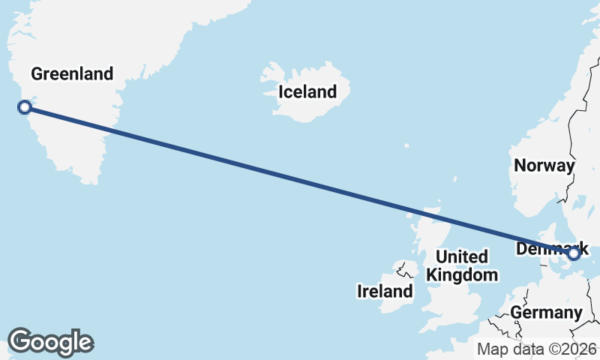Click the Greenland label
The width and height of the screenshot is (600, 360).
coord(72,73)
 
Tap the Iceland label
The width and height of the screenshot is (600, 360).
coord(307,92)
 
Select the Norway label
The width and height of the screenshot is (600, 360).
coord(544,166)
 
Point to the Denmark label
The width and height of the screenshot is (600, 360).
coord(552,248)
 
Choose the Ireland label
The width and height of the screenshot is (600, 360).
coord(385,291)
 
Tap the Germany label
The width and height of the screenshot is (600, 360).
coord(546,312)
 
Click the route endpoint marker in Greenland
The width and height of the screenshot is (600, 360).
coord(24,107)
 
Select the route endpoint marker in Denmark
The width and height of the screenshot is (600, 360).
coord(574,254)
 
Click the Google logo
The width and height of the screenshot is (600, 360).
coord(50,342)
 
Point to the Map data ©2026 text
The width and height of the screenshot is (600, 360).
coord(537,349)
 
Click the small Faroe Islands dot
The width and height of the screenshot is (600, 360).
coord(406,145)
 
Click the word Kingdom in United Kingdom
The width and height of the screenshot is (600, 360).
coord(462,275)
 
